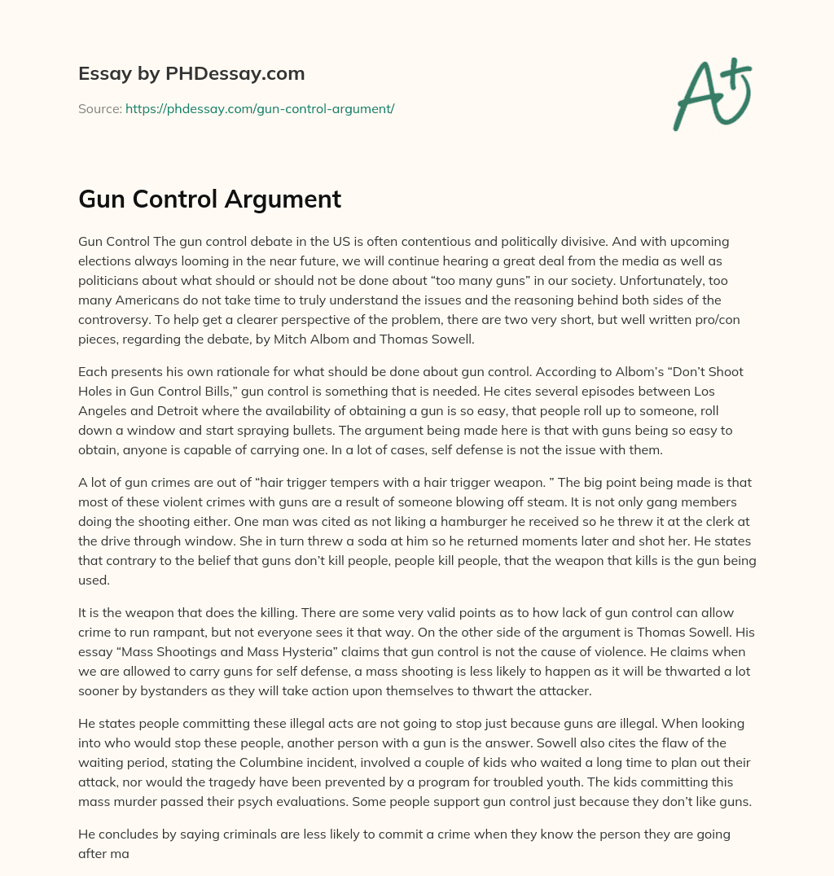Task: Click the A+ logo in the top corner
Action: tap(712, 94)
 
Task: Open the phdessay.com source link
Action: tap(260, 108)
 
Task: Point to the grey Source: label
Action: tap(99, 108)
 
